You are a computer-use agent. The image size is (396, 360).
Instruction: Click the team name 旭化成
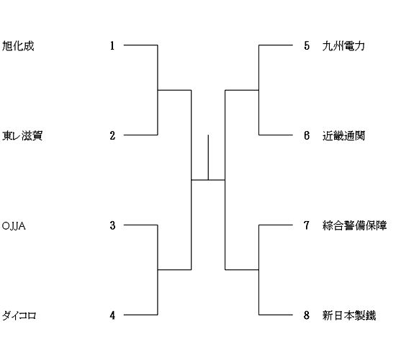[18, 46]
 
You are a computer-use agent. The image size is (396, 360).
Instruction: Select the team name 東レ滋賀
[22, 135]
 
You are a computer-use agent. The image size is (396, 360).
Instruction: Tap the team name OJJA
[14, 226]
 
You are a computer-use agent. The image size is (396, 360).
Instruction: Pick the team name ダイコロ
[19, 315]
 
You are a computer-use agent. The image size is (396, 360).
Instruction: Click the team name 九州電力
[343, 46]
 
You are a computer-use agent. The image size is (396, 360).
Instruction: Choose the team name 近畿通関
[343, 135]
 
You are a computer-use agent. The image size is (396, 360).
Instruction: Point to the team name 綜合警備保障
[354, 225]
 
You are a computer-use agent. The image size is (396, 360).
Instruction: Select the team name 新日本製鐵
[349, 315]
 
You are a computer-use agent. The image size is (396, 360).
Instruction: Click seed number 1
[112, 46]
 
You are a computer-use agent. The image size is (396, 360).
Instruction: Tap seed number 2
[112, 135]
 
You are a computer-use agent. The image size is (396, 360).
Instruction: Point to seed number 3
[112, 225]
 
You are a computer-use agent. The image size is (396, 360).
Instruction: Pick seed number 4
[112, 315]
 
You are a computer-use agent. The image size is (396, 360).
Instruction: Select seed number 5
[307, 46]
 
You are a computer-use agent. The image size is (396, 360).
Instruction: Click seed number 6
[307, 135]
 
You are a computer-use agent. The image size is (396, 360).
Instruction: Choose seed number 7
[307, 225]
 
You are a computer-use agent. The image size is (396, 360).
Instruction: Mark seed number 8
[307, 315]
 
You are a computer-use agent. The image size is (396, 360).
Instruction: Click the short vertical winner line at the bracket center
[208, 158]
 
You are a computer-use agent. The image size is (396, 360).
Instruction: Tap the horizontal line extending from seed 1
[140, 45]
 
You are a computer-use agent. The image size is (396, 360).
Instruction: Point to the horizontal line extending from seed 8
[276, 315]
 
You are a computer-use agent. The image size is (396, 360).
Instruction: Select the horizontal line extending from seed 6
[276, 135]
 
